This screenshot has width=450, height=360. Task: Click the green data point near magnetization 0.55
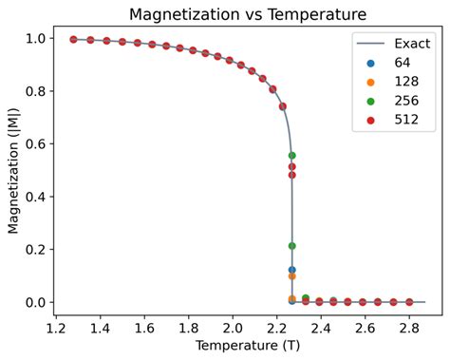(x=291, y=156)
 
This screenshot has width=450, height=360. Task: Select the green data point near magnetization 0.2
(x=291, y=246)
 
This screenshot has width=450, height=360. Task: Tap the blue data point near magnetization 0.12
(x=291, y=270)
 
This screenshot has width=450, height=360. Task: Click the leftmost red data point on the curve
(x=73, y=39)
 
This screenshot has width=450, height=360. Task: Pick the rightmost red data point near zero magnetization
(x=409, y=302)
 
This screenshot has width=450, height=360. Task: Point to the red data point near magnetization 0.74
(x=282, y=106)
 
